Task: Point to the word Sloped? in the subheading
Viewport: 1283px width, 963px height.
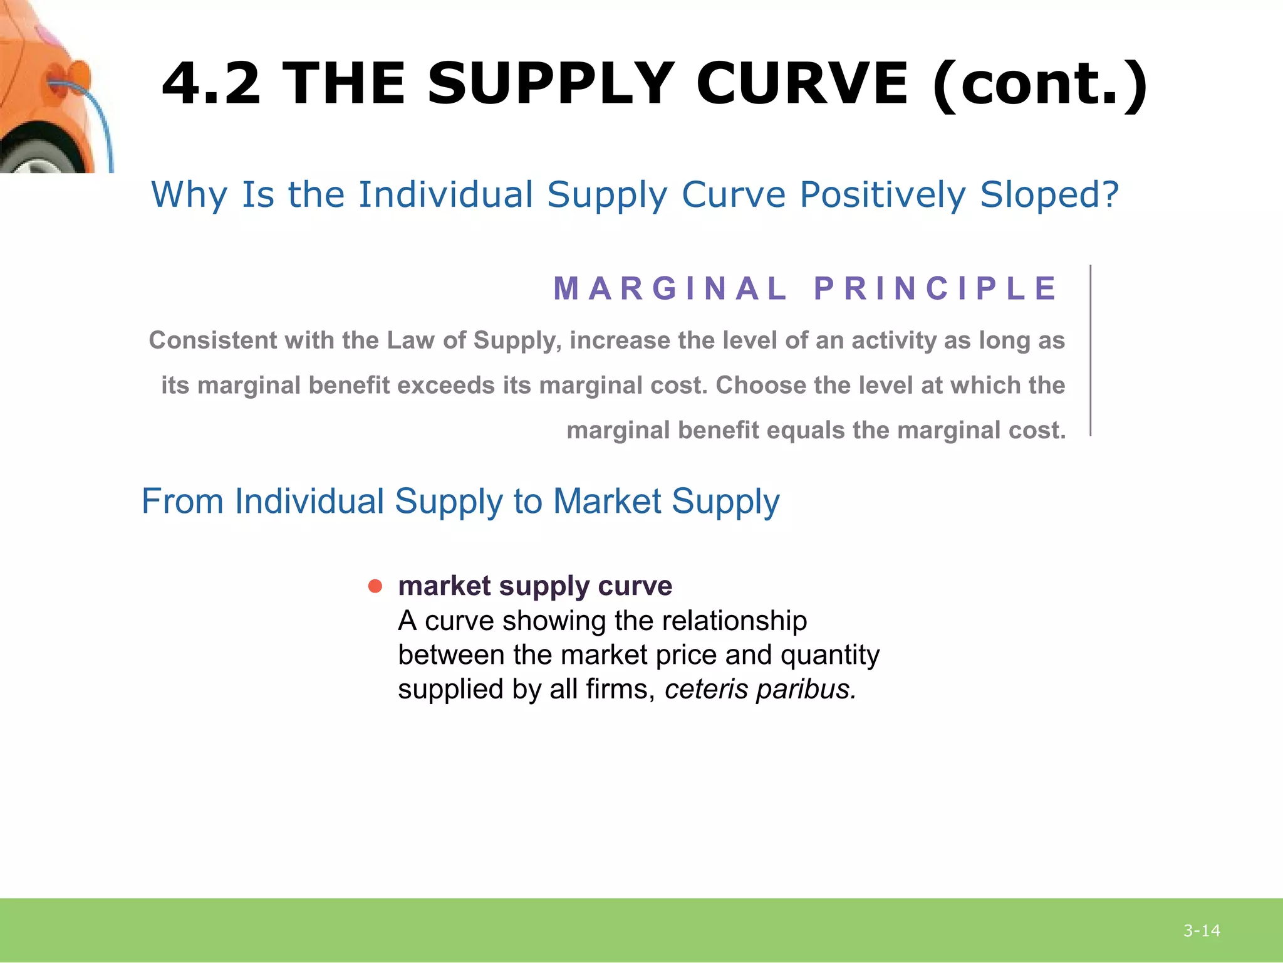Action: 1049,194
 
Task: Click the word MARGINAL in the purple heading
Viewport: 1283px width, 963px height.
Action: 670,288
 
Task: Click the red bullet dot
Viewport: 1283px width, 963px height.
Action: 375,586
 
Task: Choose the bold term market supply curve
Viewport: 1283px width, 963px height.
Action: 535,586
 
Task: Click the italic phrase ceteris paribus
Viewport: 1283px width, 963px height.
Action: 760,690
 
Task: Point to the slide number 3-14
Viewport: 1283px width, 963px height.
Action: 1202,931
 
